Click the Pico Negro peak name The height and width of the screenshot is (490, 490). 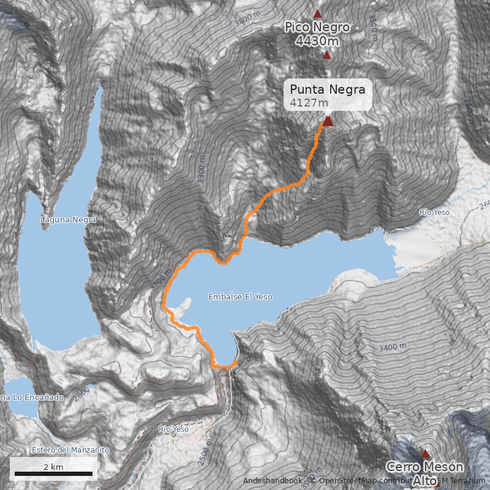pos(317,28)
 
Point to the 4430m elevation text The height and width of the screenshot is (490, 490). pos(317,41)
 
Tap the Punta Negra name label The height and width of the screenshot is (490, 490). pos(328,89)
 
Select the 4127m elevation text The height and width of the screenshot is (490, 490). pos(306,103)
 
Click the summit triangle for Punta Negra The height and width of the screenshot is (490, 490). pos(328,121)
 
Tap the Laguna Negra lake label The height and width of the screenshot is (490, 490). pos(69,219)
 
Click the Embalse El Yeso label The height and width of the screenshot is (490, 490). pos(240,296)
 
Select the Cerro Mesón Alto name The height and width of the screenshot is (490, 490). pos(424,467)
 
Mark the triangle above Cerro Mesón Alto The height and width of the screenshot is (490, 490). pos(425,454)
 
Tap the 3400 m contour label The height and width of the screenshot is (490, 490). pos(393,347)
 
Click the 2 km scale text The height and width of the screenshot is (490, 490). pos(53,467)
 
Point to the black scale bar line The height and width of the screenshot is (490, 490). pos(53,473)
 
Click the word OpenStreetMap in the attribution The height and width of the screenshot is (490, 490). pos(347,481)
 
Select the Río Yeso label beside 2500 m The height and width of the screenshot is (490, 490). pos(173,429)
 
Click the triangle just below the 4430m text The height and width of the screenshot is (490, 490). pos(326,55)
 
